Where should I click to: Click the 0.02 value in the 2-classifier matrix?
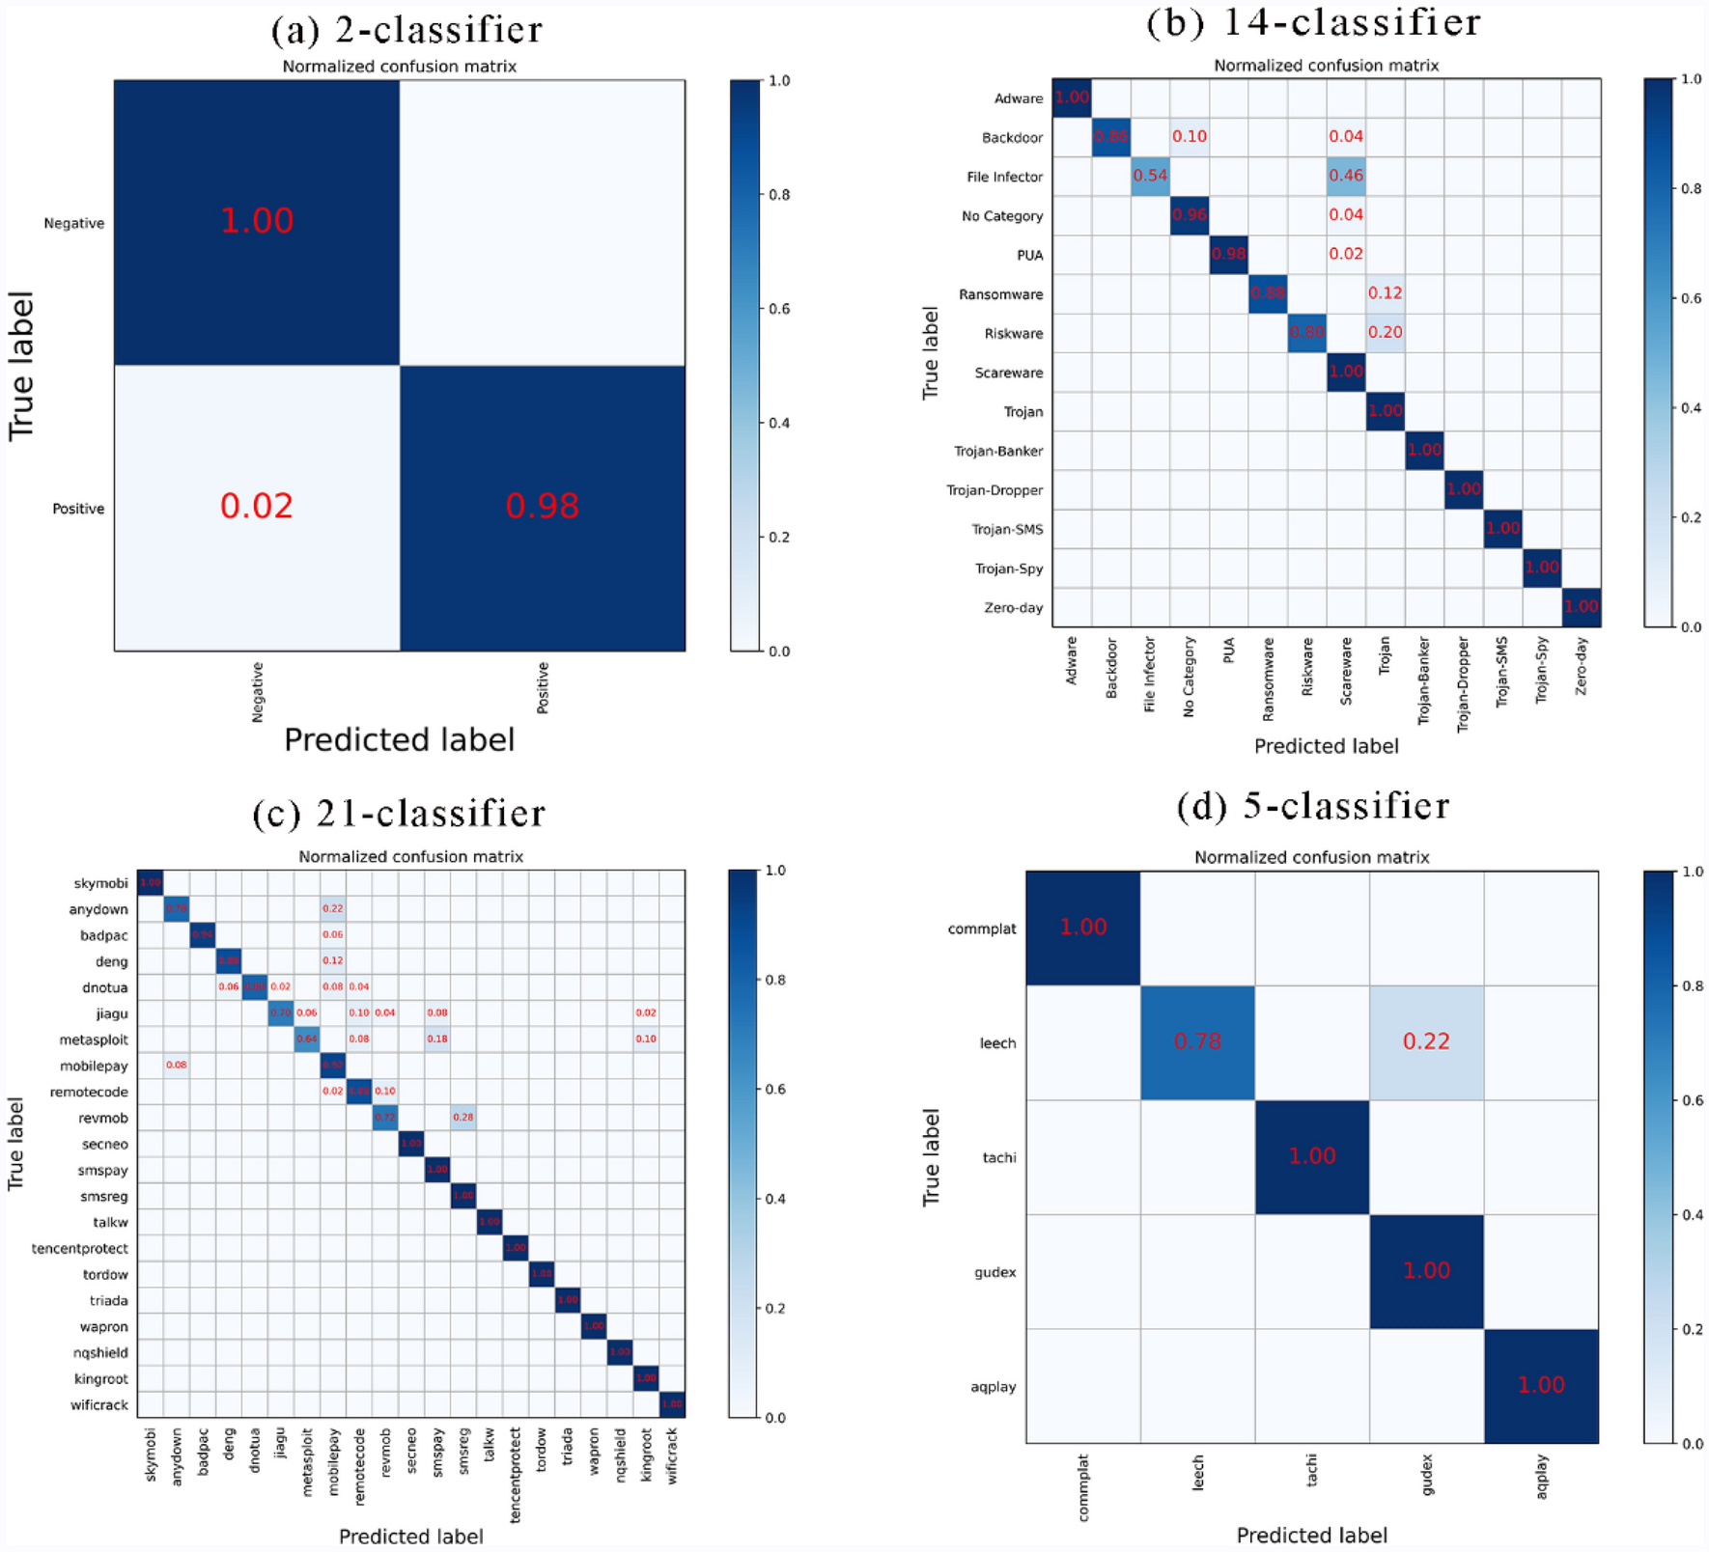(x=256, y=507)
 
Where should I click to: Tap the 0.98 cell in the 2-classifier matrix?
(x=542, y=507)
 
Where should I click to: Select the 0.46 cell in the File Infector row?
(x=1346, y=176)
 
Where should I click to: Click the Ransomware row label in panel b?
(x=1000, y=294)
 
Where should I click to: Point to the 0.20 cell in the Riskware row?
(x=1385, y=332)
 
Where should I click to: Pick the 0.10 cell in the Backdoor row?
(x=1189, y=136)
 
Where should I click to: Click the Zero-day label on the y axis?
(x=1013, y=608)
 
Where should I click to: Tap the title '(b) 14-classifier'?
(x=1313, y=23)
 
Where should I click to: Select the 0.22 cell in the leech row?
(x=1425, y=1041)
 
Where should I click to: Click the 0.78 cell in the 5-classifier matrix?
(x=1197, y=1041)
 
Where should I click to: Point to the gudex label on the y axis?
(x=995, y=1272)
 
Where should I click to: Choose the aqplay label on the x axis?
(x=1542, y=1477)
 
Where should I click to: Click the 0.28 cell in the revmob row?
(x=463, y=1118)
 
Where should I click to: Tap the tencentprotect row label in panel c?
(x=79, y=1249)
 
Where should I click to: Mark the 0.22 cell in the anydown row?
(x=332, y=908)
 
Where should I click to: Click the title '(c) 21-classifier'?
(x=399, y=814)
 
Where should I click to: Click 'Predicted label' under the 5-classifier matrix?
(x=1311, y=1535)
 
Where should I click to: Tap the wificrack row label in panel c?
(x=98, y=1405)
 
